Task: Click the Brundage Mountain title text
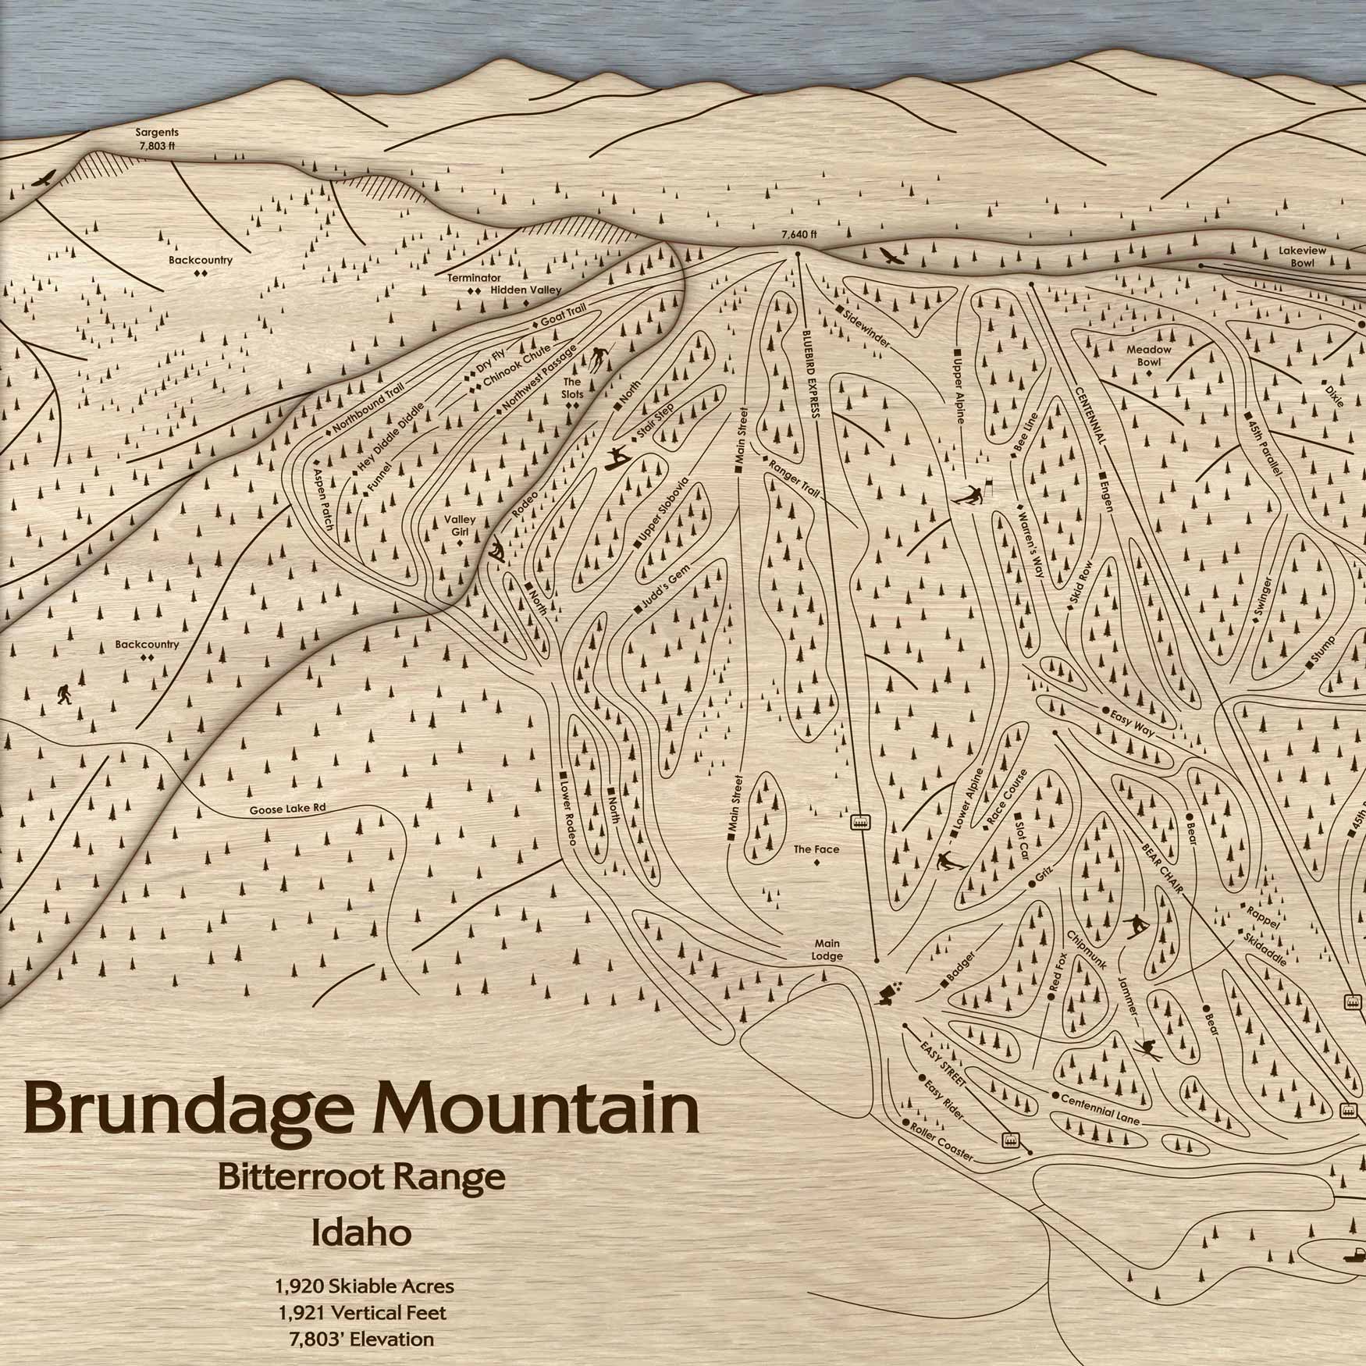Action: coord(361,1109)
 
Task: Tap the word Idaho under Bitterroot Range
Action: coord(361,1234)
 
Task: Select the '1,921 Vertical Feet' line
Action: coord(362,1312)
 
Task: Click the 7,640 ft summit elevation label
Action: coord(798,233)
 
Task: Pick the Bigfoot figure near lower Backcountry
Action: coord(63,693)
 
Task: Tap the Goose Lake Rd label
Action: coord(287,809)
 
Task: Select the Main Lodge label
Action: coord(827,950)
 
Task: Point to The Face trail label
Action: coord(816,849)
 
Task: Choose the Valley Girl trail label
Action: coord(460,525)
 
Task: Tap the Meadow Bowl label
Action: coord(1148,355)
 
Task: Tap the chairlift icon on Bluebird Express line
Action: coord(860,822)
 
